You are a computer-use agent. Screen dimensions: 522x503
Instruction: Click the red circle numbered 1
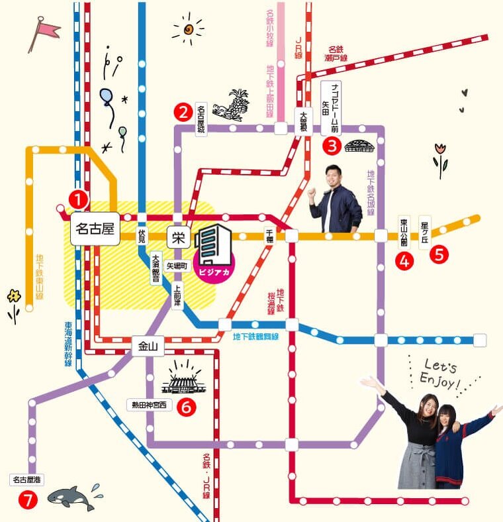click(78, 198)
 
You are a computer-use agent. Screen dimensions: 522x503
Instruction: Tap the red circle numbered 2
click(183, 113)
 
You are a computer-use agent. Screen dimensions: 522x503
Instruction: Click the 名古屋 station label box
click(95, 230)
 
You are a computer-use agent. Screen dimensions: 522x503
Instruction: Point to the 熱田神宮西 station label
click(149, 404)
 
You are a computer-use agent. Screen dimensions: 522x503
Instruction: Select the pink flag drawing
click(44, 32)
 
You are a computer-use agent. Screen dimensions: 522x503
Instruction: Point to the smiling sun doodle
click(189, 29)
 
